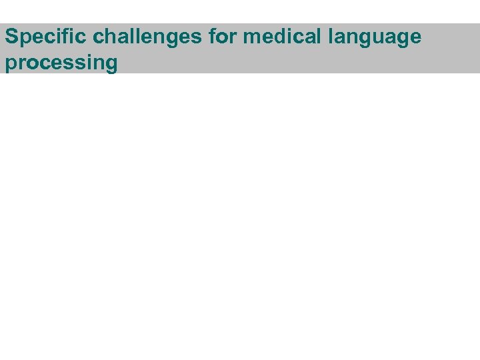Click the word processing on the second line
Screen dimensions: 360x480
tap(61, 63)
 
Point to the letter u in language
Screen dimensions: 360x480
tap(385, 38)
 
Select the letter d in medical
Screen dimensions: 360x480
tap(281, 37)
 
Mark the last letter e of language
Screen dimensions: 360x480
tap(415, 38)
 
